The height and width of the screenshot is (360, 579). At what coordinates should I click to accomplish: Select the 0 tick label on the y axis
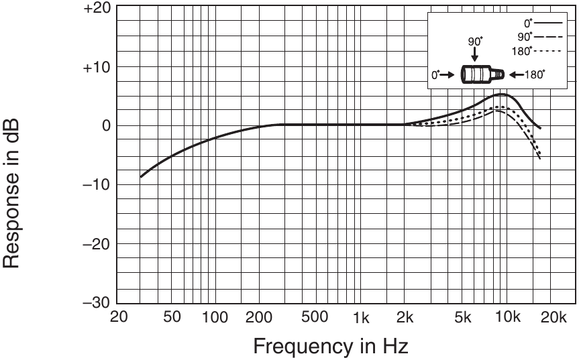point(105,125)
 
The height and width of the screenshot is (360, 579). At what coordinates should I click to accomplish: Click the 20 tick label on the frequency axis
point(119,316)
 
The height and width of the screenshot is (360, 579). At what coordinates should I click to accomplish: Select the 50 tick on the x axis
point(172,316)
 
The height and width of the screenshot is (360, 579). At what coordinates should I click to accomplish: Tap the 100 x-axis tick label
point(215,316)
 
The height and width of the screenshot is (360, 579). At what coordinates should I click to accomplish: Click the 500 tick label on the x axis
point(315,316)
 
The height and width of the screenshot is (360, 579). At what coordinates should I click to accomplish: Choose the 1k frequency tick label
point(361,316)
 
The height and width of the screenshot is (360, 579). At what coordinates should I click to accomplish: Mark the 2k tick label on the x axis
point(404,316)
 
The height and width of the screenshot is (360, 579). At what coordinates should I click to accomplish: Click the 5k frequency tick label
point(463,316)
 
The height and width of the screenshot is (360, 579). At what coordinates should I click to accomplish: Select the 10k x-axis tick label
point(507,316)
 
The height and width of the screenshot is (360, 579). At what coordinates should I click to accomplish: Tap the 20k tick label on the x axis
point(551,316)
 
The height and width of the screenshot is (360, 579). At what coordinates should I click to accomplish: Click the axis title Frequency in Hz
point(330,346)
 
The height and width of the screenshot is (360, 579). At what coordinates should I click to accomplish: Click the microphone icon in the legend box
point(480,74)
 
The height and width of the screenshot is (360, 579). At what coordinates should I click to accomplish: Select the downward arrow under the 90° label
point(474,54)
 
